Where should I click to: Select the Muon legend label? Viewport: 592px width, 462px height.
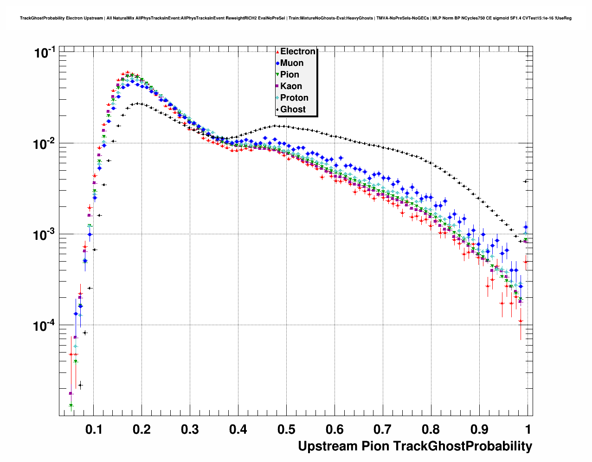coord(292,63)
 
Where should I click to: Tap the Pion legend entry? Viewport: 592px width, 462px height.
coord(290,75)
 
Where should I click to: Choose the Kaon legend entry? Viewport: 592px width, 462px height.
coord(291,86)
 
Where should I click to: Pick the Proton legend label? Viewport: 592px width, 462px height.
coord(294,98)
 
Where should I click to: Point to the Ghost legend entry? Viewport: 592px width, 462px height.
coord(293,109)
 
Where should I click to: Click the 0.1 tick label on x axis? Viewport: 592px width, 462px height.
coord(93,430)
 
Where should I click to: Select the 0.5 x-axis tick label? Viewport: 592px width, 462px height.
coord(286,430)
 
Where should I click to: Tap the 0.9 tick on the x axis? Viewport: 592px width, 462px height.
coord(479,430)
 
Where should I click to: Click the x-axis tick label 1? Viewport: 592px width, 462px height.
coord(528,430)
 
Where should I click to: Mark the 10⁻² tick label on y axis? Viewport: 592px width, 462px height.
coord(45,143)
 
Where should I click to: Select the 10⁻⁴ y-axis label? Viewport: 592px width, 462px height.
coord(45,326)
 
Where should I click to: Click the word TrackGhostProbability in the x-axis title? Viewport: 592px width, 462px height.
coord(463,446)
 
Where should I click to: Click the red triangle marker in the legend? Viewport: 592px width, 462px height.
coord(277,51)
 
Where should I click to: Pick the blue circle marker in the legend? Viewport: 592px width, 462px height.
coord(277,63)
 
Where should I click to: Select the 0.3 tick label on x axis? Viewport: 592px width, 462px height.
coord(190,430)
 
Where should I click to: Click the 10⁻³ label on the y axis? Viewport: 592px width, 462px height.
coord(45,234)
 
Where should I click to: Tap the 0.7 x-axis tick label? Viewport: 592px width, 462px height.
coord(383,430)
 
